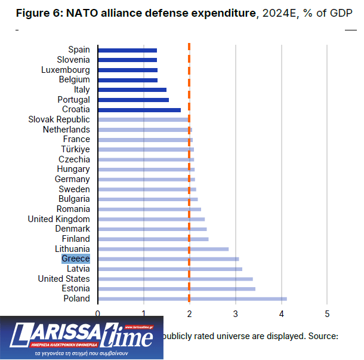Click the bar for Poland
192,299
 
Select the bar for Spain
127,50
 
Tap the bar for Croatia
139,110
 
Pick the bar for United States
175,279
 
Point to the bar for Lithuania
163,249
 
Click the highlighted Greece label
76,259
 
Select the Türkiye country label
75,149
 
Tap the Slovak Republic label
59,119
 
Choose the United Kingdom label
59,219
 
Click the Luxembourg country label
66,70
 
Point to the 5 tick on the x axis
327,313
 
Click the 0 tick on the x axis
98,313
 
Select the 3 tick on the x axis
236,313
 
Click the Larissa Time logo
81,337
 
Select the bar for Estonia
176,289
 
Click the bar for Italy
132,90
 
